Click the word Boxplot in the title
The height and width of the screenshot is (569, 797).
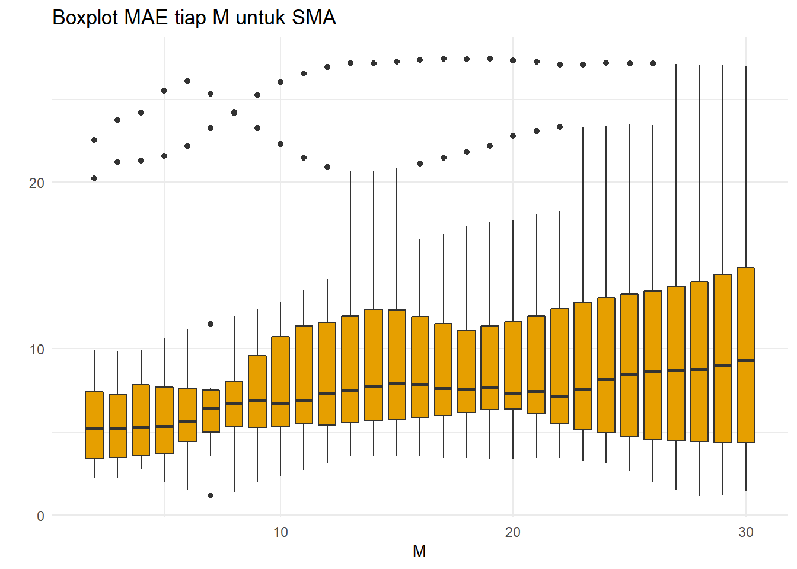coord(85,18)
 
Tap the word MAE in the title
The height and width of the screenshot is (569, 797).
coord(146,18)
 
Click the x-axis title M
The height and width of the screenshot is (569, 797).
coord(419,552)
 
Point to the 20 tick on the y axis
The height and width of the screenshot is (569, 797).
coord(37,183)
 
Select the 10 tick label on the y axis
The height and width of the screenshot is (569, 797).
coord(37,350)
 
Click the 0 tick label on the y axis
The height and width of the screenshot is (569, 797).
coord(40,516)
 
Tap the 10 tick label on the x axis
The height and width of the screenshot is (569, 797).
coord(280,532)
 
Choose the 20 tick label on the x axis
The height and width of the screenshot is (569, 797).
coord(513,532)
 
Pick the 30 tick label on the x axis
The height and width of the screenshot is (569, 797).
coord(746,532)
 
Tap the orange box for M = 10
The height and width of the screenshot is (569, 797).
coord(280,373)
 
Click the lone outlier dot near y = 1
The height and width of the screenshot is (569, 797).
coord(211,496)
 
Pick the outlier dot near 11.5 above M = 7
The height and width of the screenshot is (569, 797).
coord(211,324)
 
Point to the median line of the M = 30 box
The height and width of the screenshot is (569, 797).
coord(746,360)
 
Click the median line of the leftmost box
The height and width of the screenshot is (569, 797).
coord(94,428)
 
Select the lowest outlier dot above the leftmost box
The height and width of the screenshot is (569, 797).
coord(94,178)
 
